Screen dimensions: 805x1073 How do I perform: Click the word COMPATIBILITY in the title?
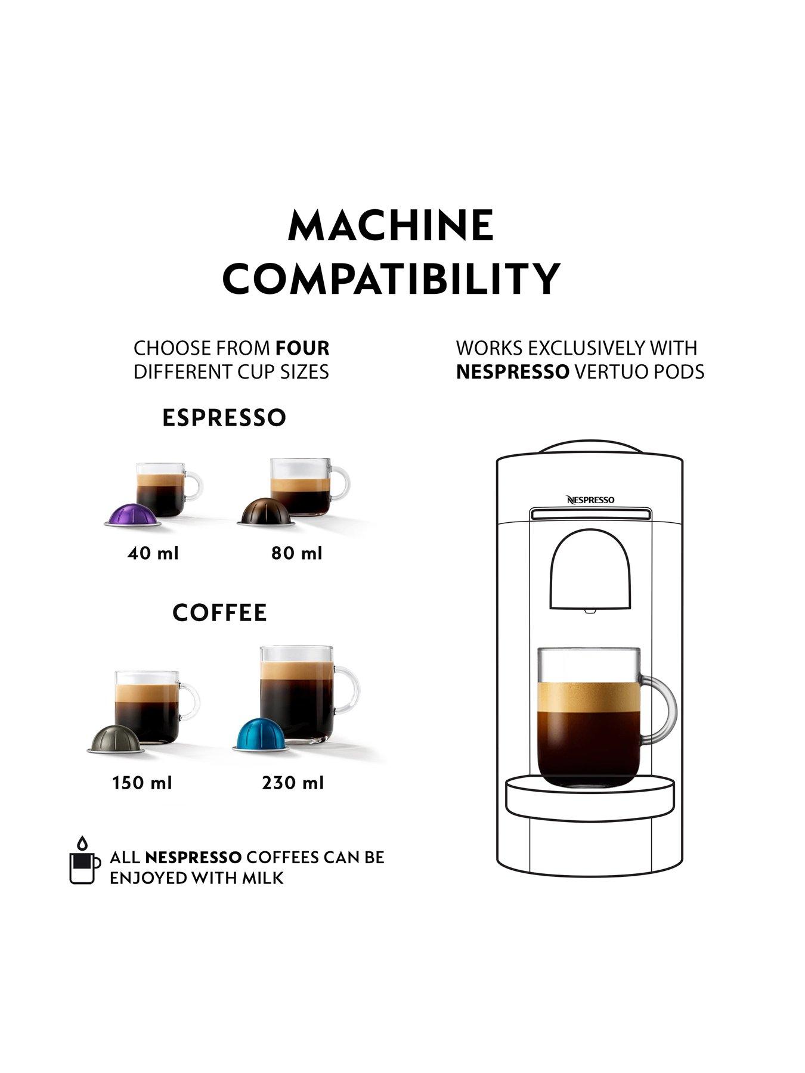tap(391, 278)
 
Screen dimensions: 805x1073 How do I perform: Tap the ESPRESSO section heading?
tap(224, 418)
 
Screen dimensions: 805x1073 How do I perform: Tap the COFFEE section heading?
tap(219, 613)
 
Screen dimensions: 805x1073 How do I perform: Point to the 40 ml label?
tap(153, 554)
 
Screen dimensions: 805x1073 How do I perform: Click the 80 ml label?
tap(297, 554)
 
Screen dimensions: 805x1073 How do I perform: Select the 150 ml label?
tap(142, 783)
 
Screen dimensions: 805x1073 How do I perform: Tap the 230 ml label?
tap(293, 783)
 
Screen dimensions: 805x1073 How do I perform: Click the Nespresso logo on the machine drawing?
tap(590, 500)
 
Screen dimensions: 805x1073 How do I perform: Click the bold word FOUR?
tap(302, 348)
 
